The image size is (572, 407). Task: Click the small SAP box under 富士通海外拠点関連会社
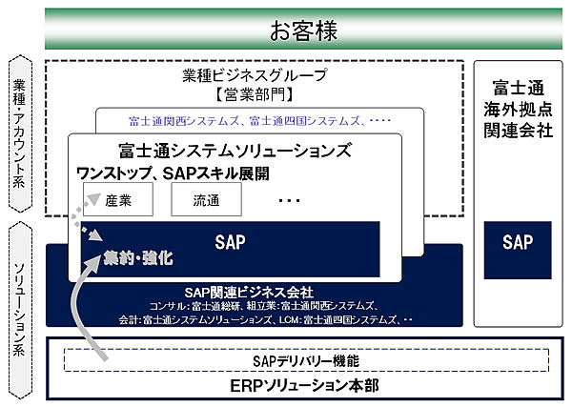(518, 243)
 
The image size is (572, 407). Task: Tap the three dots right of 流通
(290, 200)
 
